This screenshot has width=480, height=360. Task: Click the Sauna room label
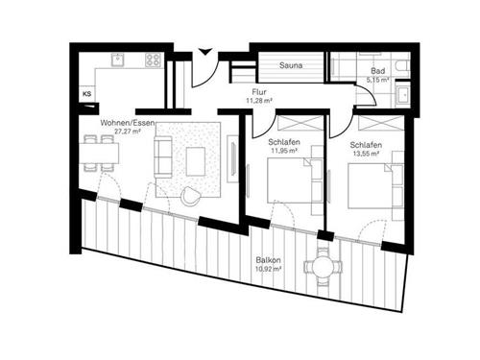click(x=292, y=66)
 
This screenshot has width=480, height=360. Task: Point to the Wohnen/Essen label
click(x=123, y=123)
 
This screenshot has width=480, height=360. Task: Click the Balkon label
click(x=268, y=259)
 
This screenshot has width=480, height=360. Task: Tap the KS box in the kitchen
click(x=87, y=93)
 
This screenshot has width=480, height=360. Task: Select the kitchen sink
click(x=117, y=60)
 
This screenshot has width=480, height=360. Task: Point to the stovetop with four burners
click(x=151, y=60)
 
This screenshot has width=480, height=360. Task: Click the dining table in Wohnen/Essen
click(x=95, y=152)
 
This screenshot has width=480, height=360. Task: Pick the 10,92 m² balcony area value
click(x=270, y=270)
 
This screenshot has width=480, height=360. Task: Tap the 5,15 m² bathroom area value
click(x=377, y=80)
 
